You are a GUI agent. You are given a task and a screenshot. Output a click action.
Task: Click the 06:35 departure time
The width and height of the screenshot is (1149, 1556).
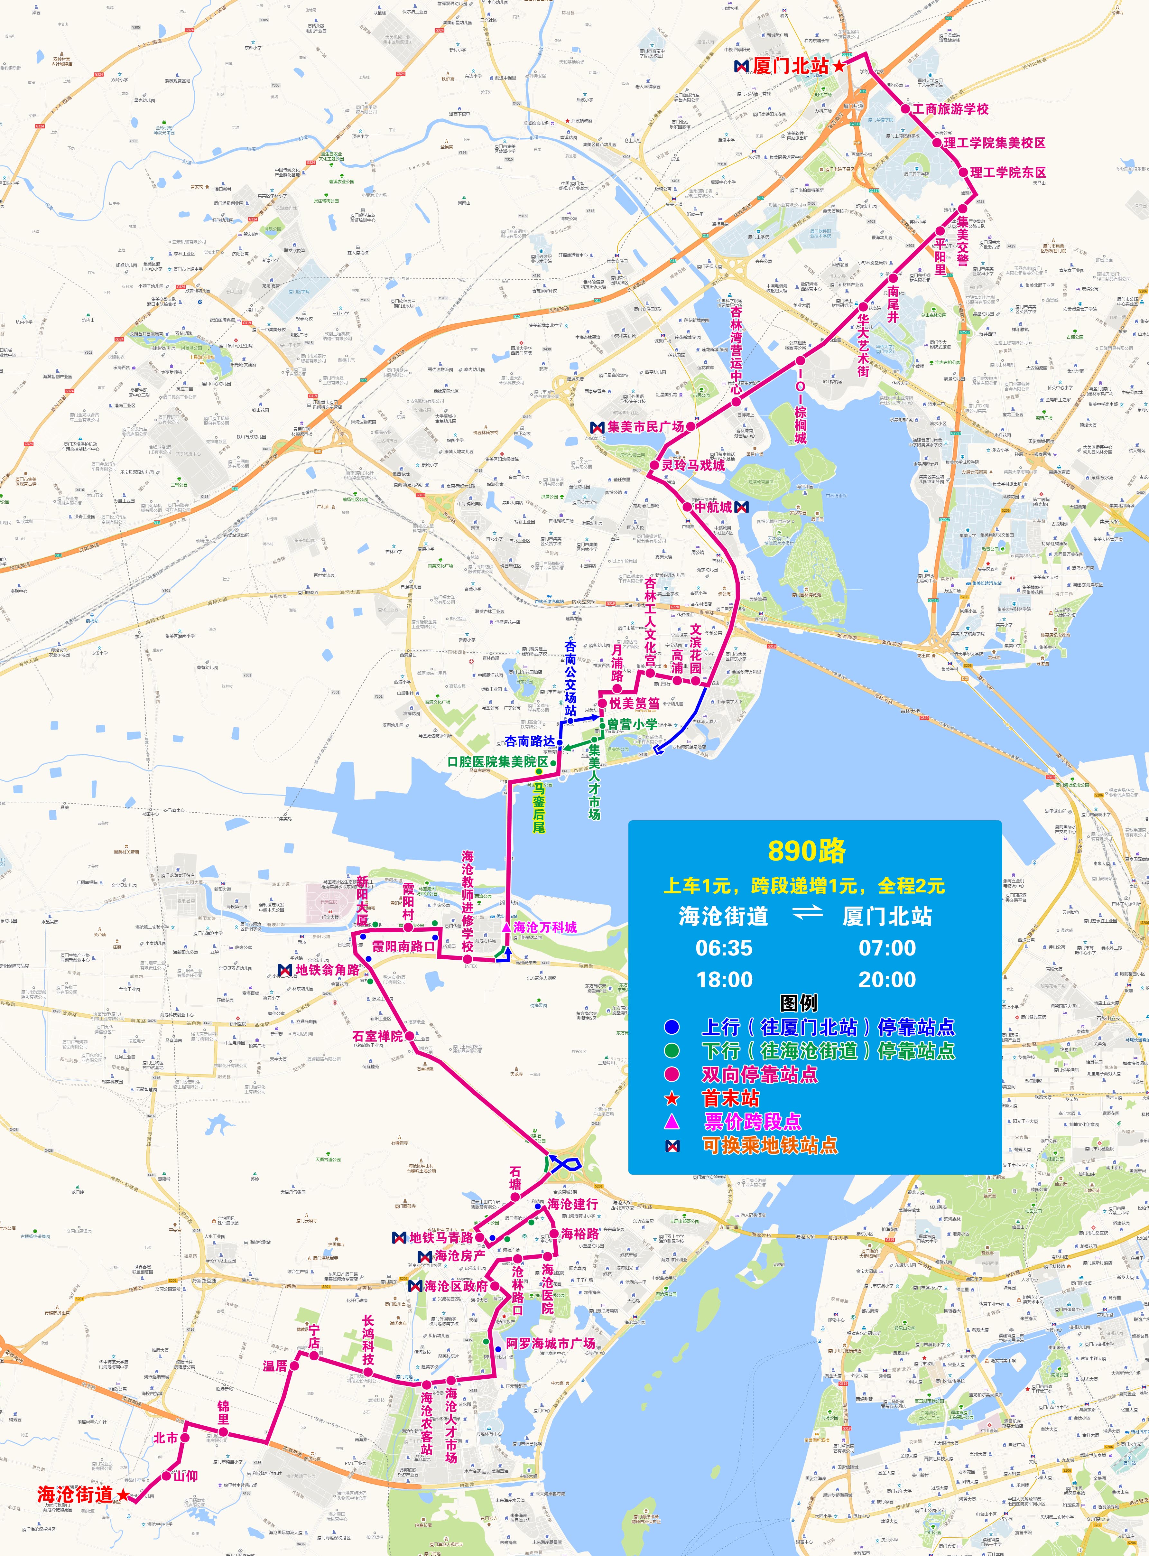tap(724, 947)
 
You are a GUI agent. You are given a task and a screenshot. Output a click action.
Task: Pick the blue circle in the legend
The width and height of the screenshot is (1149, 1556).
tap(671, 1027)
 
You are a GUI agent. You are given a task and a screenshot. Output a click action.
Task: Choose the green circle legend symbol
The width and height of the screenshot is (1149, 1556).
tap(671, 1050)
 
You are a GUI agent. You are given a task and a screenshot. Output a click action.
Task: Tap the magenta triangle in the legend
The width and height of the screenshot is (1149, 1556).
tap(671, 1121)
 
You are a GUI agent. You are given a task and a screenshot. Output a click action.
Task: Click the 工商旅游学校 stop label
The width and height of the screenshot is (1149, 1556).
tap(950, 109)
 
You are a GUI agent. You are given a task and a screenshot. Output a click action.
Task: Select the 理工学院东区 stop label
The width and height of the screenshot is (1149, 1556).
tap(1008, 172)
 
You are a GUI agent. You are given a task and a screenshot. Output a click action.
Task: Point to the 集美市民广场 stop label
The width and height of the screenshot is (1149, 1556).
tap(645, 426)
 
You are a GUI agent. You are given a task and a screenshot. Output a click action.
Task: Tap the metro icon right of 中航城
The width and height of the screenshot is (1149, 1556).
tap(741, 507)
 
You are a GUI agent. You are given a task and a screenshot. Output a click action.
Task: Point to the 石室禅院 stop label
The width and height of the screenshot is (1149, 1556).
tap(378, 1036)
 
